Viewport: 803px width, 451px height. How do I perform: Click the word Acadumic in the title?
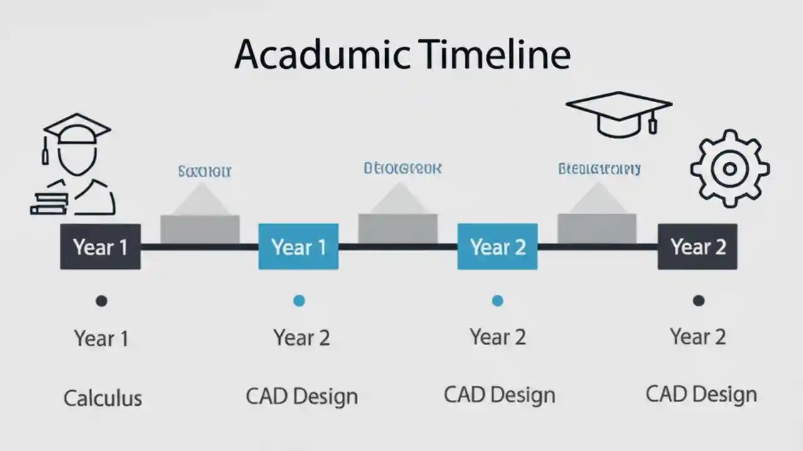point(322,55)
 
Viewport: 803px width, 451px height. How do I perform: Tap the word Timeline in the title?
point(496,55)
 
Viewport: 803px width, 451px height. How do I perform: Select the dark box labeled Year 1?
point(100,247)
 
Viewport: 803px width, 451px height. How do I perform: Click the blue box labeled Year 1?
point(299,247)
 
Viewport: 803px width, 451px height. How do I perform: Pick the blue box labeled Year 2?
point(497,247)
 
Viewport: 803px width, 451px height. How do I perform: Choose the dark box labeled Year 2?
point(698,247)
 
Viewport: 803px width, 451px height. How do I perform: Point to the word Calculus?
point(103,398)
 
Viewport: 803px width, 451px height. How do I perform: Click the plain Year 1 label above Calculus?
point(101,338)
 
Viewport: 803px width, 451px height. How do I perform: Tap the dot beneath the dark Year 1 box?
point(101,301)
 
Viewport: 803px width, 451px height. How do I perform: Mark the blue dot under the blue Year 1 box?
point(299,301)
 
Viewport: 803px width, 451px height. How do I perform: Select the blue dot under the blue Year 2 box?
point(497,301)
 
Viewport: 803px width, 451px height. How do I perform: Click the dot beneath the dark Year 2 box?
point(698,301)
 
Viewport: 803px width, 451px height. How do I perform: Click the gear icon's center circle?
point(730,168)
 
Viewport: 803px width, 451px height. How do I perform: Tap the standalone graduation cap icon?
point(619,113)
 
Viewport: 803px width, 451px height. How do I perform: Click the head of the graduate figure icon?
point(77,157)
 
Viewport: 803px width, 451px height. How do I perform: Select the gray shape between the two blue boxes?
point(398,219)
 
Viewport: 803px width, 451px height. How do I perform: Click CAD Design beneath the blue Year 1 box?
point(302,396)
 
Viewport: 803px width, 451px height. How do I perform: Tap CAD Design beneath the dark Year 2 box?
point(701,394)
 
